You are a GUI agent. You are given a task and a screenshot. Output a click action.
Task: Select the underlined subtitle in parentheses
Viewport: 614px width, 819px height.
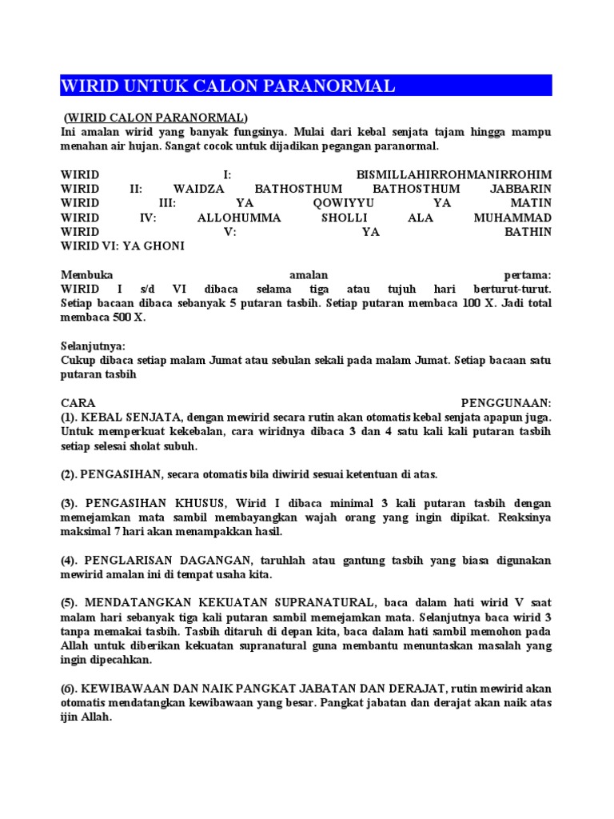coord(157,118)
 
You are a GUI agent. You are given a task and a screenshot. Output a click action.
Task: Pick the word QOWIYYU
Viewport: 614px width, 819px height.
coord(343,203)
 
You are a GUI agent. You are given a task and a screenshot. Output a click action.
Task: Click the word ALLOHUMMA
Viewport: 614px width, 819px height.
coord(239,218)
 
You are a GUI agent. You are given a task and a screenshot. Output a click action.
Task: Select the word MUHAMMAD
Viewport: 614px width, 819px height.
coord(512,218)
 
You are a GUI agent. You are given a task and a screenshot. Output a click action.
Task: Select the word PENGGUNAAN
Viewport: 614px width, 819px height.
coord(506,402)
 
